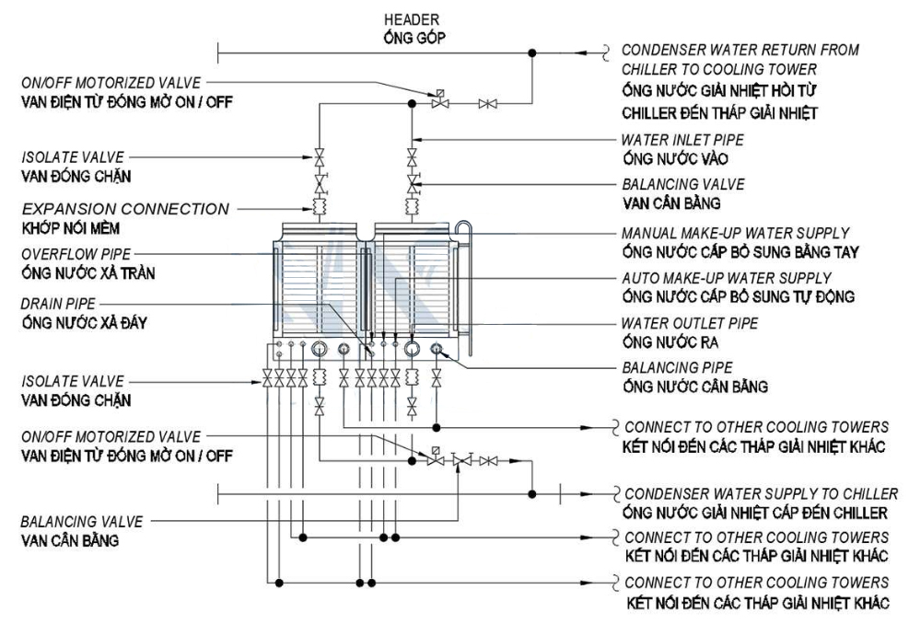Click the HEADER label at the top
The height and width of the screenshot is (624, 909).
click(411, 19)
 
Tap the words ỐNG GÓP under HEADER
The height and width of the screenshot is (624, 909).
click(414, 39)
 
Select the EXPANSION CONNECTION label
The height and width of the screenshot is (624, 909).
click(125, 209)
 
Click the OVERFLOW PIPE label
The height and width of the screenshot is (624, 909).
click(76, 254)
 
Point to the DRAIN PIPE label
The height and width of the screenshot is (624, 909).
click(58, 304)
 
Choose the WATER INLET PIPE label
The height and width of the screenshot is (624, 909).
click(682, 140)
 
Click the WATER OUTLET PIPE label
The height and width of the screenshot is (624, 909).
click(689, 323)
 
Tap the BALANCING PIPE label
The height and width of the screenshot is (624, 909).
click(677, 367)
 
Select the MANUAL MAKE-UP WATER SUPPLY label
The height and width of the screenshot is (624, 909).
click(735, 233)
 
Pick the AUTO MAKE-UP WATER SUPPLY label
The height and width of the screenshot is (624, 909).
click(727, 278)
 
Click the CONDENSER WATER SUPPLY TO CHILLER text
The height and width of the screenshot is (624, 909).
click(761, 493)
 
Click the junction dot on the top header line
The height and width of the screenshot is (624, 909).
click(532, 53)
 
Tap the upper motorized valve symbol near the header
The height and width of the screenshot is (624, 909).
click(440, 101)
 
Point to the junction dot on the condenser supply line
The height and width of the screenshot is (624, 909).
click(532, 494)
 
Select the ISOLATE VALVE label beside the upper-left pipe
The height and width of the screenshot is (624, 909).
click(73, 157)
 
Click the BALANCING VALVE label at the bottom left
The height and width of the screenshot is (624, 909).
click(82, 522)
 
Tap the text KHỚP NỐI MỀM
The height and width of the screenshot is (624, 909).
click(71, 228)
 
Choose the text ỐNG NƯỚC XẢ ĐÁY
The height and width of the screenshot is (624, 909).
click(84, 322)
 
